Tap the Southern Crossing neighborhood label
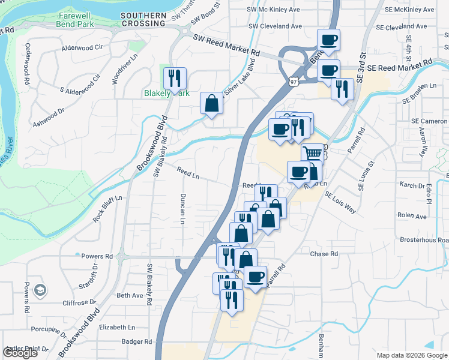click(143, 19)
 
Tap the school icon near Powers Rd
click(40, 290)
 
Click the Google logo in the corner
click(20, 353)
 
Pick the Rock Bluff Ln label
click(107, 208)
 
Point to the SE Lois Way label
click(340, 203)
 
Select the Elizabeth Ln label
click(118, 327)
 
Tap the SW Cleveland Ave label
click(275, 26)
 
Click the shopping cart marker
click(312, 154)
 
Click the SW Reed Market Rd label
click(226, 45)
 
